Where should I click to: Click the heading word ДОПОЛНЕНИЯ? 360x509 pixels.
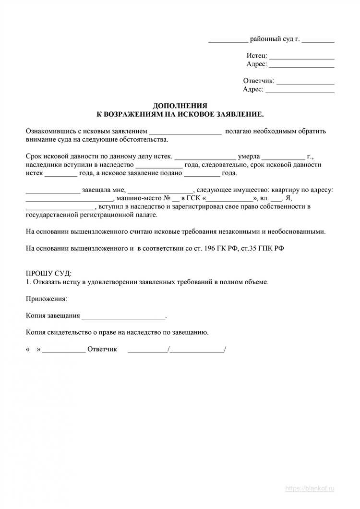click(180, 106)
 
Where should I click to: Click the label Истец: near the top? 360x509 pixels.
click(257, 56)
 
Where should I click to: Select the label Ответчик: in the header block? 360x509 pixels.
click(259, 81)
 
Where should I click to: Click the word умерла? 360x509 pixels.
click(249, 156)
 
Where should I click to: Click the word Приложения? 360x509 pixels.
click(47, 299)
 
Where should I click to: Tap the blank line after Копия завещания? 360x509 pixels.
click(123, 317)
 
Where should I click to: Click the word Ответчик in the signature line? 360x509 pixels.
click(102, 349)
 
